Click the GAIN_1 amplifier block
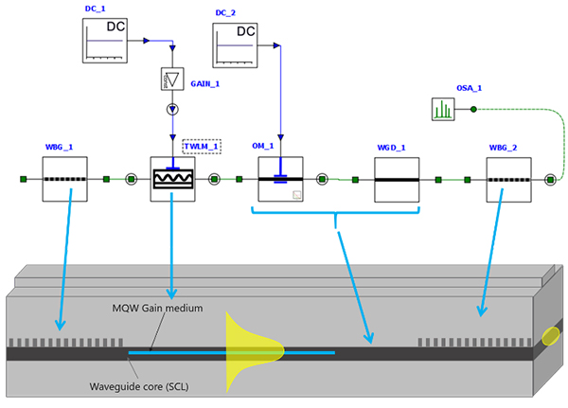coord(172,80)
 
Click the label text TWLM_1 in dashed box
coord(202,146)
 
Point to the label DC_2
coord(225,12)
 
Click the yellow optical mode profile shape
coord(246,351)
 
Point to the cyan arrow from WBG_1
coord(56,265)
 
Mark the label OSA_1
coord(470,88)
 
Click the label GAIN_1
coord(205,83)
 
